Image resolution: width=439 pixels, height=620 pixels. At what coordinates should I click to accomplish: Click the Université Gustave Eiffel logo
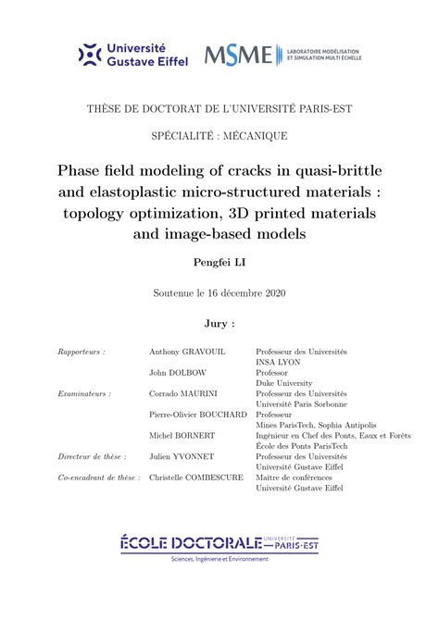pos(133,55)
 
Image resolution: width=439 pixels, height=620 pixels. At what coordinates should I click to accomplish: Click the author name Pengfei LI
pos(219,263)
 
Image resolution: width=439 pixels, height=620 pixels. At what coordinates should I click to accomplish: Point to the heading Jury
pos(219,325)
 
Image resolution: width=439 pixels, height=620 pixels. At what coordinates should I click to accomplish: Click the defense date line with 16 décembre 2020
pos(219,293)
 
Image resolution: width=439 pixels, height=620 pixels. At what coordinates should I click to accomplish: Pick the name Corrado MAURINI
pos(183,393)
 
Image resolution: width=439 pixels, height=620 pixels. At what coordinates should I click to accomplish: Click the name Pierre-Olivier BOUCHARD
pos(197,415)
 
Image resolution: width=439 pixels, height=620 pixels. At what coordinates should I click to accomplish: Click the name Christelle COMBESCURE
pos(195,477)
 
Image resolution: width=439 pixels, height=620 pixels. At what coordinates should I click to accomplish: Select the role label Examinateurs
pos(84,393)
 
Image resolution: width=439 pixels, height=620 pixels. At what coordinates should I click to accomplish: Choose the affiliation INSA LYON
pos(279,363)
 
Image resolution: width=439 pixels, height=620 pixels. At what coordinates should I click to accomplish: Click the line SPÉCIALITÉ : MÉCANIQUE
pos(219,136)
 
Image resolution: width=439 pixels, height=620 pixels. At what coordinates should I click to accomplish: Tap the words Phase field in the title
pos(94,172)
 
